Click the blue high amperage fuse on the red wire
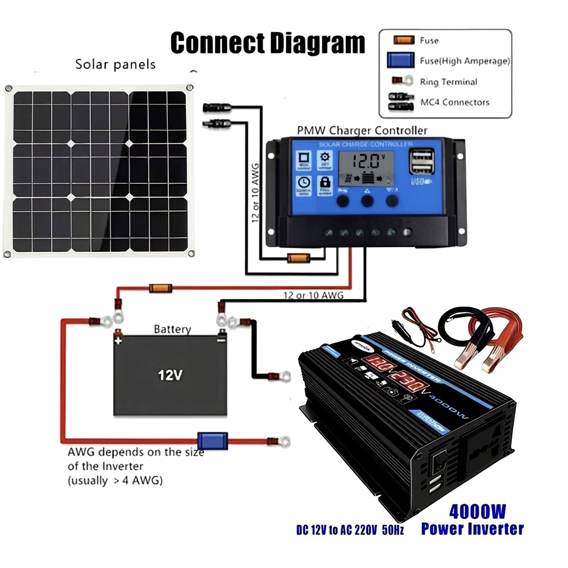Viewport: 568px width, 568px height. [x=212, y=440]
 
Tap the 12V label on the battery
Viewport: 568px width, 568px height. [x=170, y=375]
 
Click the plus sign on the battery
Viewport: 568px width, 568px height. [x=118, y=341]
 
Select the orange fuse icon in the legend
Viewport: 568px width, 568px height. [x=404, y=40]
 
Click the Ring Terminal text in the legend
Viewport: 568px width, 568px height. [x=448, y=82]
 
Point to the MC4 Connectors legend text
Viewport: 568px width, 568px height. [x=454, y=102]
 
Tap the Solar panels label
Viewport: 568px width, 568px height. [x=115, y=64]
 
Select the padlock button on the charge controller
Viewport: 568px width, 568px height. [x=324, y=185]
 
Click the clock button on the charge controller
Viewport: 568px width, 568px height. [x=303, y=185]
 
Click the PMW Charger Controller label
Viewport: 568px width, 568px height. [x=362, y=130]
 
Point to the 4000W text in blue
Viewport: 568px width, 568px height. [x=477, y=512]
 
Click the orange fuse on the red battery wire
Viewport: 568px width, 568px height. [x=160, y=288]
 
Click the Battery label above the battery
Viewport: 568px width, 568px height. [x=172, y=329]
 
